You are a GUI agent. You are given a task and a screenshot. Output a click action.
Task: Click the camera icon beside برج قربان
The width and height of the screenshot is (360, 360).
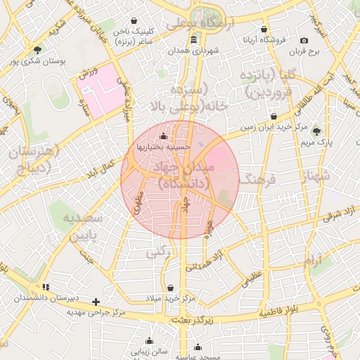pyautogui.click(x=304, y=41)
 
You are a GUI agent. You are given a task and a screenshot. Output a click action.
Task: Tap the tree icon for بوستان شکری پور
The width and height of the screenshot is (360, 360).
pyautogui.click(x=37, y=49)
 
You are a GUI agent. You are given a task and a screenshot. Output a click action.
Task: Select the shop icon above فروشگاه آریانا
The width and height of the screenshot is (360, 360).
pyautogui.click(x=264, y=30)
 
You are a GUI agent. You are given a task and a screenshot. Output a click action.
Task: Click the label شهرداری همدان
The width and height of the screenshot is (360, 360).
pyautogui.click(x=194, y=51)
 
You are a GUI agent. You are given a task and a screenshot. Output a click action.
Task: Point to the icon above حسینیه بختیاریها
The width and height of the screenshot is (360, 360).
pyautogui.click(x=164, y=136)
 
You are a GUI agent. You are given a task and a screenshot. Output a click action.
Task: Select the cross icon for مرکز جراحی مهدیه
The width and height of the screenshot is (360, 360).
pyautogui.click(x=96, y=302)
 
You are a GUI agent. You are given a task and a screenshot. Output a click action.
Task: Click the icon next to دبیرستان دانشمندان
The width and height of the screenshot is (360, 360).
pyautogui.click(x=46, y=287)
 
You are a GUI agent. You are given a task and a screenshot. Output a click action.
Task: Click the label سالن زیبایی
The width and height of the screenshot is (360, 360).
pyautogui.click(x=150, y=350)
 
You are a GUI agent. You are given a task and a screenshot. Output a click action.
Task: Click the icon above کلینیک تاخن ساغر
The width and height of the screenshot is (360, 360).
pyautogui.click(x=136, y=21)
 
